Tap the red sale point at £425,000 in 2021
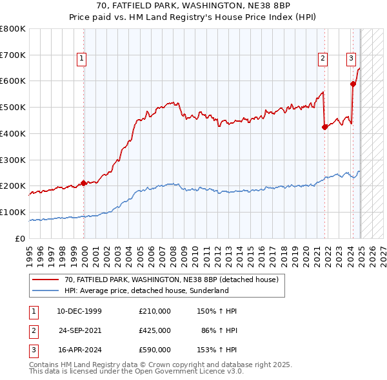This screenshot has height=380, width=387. tap(324, 127)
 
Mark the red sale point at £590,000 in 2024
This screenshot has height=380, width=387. tap(353, 84)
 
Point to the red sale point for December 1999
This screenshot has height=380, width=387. tap(84, 183)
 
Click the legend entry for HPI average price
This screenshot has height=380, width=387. tap(146, 290)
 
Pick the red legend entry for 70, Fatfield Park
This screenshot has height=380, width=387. tap(171, 280)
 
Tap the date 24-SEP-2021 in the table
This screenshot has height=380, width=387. tap(80, 330)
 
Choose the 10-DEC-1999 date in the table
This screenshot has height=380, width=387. tap(79, 311)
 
